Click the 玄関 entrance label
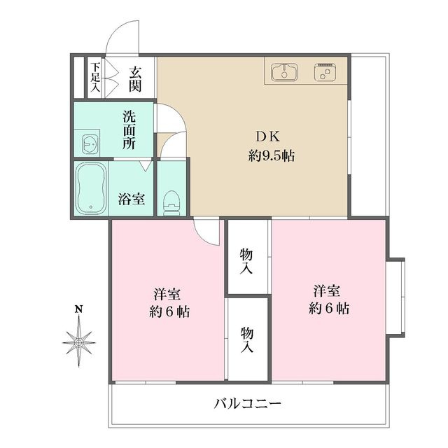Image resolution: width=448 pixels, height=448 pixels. click(135, 79)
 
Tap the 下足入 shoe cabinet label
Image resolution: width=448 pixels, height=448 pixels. click(95, 76)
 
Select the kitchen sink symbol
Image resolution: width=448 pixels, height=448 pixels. click(284, 72)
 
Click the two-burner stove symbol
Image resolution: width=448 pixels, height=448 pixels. click(325, 71)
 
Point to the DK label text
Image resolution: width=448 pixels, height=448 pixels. click(267, 137)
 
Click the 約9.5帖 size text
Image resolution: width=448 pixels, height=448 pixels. click(271, 156)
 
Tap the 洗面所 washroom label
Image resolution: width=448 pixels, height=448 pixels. click(129, 129)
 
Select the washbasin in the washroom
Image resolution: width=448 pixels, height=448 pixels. click(90, 143)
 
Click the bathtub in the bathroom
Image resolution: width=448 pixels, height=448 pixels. click(91, 188)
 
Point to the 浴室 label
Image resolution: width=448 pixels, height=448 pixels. click(132, 199)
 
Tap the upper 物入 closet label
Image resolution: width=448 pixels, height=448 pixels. click(246, 261)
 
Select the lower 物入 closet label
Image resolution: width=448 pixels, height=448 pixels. click(247, 340)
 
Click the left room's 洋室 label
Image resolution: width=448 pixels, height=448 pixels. click(167, 294)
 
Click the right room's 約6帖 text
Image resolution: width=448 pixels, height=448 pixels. click(328, 308)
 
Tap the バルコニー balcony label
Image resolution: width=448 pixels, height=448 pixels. click(247, 404)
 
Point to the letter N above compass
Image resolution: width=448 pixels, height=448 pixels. click(79, 309)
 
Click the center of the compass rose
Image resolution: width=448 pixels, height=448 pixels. click(79, 342)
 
